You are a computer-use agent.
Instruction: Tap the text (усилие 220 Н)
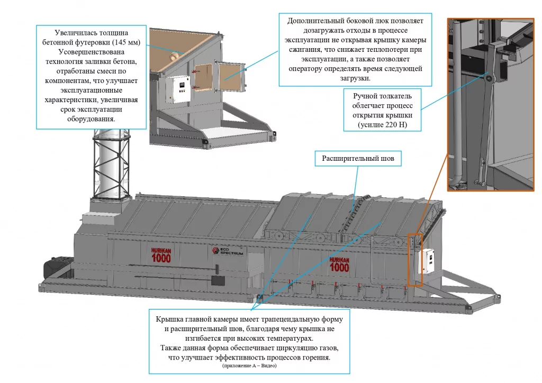[382, 125]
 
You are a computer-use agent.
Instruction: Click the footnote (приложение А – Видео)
[247, 366]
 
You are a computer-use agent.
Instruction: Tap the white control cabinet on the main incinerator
[427, 262]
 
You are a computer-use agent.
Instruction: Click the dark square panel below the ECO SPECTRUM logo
[215, 280]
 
